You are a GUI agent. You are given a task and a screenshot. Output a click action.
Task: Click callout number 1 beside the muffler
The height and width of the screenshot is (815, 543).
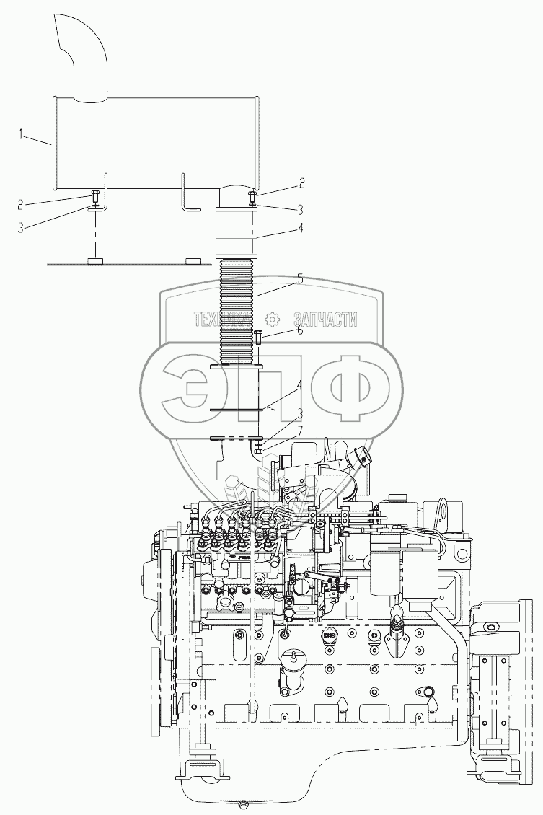click(x=23, y=133)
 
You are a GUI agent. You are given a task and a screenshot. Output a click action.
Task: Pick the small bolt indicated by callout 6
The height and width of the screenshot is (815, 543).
click(x=257, y=335)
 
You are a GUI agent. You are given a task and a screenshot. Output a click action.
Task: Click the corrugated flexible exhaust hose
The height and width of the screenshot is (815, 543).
click(x=237, y=310)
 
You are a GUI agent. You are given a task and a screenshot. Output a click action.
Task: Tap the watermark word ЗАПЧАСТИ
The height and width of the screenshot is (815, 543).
click(x=325, y=320)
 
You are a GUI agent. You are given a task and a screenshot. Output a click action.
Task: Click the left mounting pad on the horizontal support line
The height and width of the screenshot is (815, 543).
click(x=95, y=261)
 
